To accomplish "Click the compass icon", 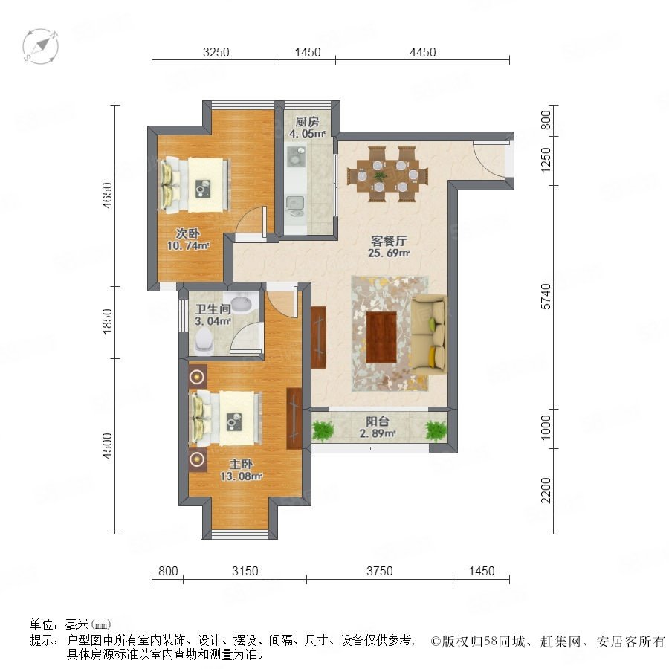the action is click(41, 46).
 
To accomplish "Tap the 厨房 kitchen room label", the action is click(307, 128).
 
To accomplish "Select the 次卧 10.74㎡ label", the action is click(188, 239).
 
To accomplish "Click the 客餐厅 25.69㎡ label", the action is click(389, 247).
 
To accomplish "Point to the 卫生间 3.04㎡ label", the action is click(213, 314).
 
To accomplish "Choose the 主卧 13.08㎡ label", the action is click(241, 470).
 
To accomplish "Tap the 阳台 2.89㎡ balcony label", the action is click(378, 427).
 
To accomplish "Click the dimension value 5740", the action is click(546, 297).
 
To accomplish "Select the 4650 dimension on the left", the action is click(108, 195).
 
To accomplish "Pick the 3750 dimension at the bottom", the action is click(379, 571).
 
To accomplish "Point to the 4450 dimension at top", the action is click(422, 52).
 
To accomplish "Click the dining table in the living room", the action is click(388, 175).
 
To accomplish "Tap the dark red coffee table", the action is click(381, 337).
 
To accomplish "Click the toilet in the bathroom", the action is click(204, 341).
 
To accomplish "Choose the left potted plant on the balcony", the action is click(323, 430).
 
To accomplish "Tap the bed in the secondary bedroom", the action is click(195, 184).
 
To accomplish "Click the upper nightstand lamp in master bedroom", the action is click(197, 377).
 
